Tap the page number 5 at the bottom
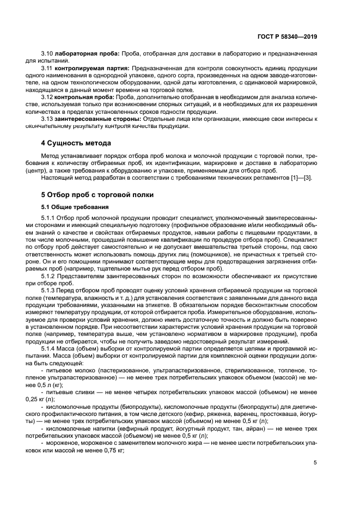point(315,463)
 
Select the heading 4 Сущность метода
point(76,143)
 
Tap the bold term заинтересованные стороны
point(96,118)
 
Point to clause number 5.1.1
point(49,218)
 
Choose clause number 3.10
point(46,54)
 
